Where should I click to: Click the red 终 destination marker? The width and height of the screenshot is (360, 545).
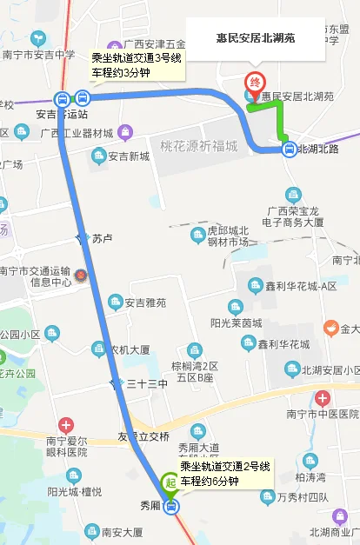pyautogui.click(x=255, y=82)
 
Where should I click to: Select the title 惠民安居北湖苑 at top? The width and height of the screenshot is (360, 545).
pyautogui.click(x=255, y=39)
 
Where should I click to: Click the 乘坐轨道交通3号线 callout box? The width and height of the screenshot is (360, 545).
pyautogui.click(x=137, y=65)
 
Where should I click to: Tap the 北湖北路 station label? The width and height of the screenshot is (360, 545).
pyautogui.click(x=319, y=150)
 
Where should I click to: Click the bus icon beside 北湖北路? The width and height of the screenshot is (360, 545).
pyautogui.click(x=288, y=149)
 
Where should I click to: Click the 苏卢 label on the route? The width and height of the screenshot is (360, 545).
pyautogui.click(x=103, y=237)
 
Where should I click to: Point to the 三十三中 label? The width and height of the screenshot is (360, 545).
pyautogui.click(x=146, y=383)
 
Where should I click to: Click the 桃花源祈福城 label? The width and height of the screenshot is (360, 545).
pyautogui.click(x=198, y=145)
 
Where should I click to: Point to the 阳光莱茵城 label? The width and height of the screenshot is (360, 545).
pyautogui.click(x=236, y=322)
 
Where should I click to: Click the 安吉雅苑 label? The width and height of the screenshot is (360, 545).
pyautogui.click(x=143, y=302)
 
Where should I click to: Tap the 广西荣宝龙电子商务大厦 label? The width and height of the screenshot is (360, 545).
pyautogui.click(x=296, y=216)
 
